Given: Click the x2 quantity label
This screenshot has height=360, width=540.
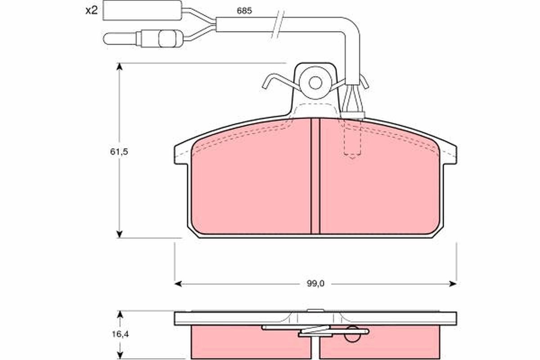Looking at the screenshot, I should coord(91,10).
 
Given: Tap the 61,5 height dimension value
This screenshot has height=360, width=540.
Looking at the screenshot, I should coord(119,152).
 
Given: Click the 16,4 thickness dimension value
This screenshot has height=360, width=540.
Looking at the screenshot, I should coord(118,334).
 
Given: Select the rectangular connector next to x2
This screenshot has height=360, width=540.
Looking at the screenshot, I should coord(142,10).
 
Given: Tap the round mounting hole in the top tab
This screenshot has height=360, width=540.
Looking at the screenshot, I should coord(315,83).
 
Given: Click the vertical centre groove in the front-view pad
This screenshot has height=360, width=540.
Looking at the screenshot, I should coord(315,175).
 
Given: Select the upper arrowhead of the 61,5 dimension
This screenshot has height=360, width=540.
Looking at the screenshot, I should coord(119,67).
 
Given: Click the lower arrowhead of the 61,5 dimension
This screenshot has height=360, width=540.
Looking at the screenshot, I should coord(119,234).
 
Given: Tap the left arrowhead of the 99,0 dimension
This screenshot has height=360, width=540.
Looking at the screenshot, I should coord(178,283).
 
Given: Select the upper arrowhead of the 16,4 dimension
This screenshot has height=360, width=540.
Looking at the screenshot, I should coord(120,314).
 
